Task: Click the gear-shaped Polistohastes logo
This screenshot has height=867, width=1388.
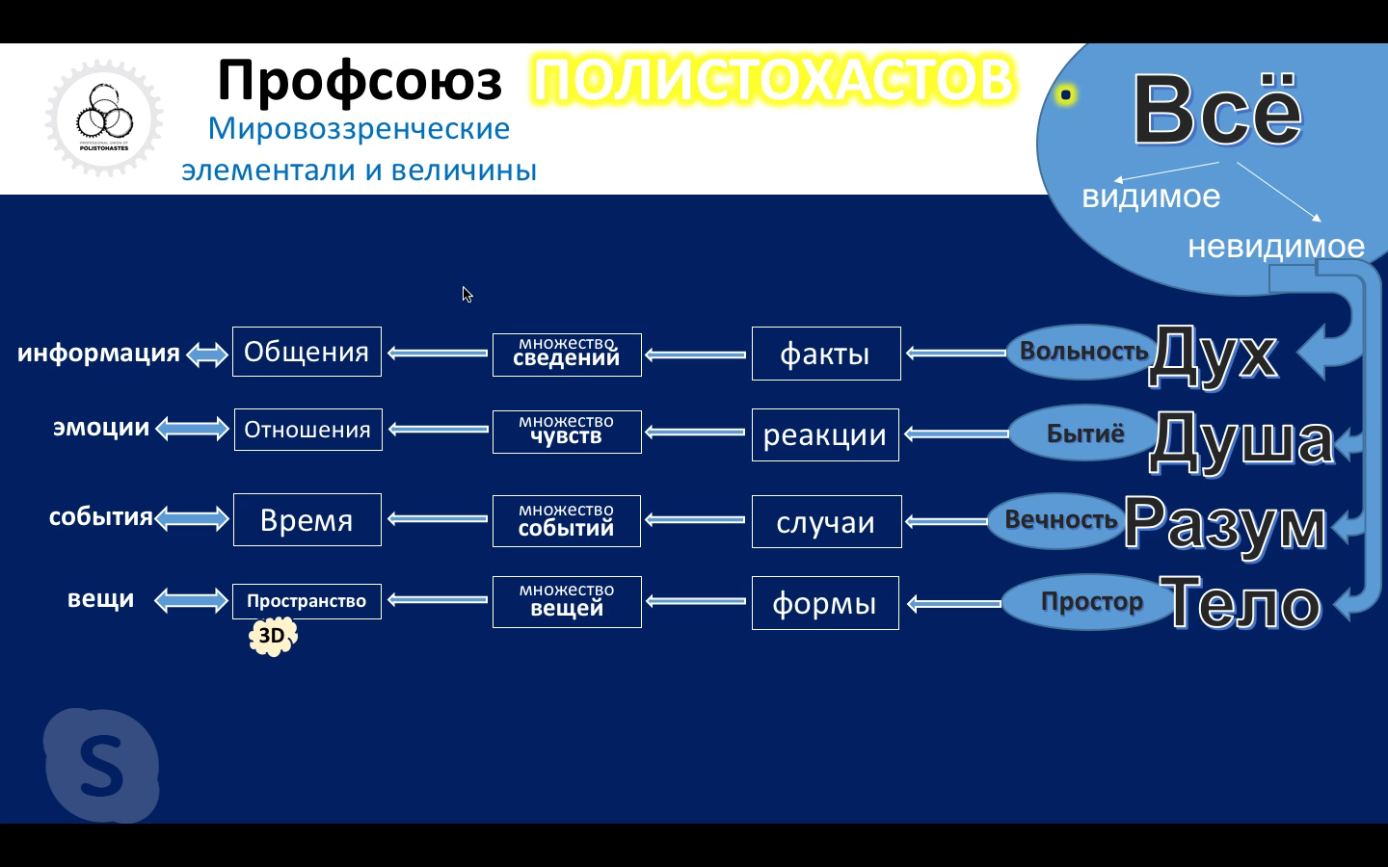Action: pyautogui.click(x=104, y=119)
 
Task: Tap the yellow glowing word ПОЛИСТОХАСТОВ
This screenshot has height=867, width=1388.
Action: pyautogui.click(x=773, y=80)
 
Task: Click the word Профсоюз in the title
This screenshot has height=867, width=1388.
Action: pyautogui.click(x=360, y=80)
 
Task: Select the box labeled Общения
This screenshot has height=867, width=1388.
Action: pyautogui.click(x=307, y=352)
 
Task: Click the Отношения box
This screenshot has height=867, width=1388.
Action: pyautogui.click(x=307, y=430)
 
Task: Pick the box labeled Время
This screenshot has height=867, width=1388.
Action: pyautogui.click(x=307, y=520)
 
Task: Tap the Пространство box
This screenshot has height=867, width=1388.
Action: pyautogui.click(x=307, y=601)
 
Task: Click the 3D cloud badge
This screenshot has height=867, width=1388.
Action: pyautogui.click(x=273, y=636)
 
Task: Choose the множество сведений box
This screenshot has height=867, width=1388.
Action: pyautogui.click(x=567, y=354)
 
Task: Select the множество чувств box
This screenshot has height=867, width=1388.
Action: pyautogui.click(x=567, y=431)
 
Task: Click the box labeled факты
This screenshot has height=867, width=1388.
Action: pyautogui.click(x=825, y=354)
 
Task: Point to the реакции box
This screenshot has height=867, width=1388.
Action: pyautogui.click(x=825, y=434)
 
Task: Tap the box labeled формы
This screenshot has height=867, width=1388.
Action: pyautogui.click(x=825, y=603)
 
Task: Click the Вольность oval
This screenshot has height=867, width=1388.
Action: pyautogui.click(x=1081, y=352)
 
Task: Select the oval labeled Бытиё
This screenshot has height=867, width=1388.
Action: pyautogui.click(x=1084, y=433)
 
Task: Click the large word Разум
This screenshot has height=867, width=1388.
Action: pyautogui.click(x=1225, y=524)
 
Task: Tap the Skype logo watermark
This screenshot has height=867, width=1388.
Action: pyautogui.click(x=101, y=766)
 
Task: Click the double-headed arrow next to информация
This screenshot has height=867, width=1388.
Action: pyautogui.click(x=206, y=355)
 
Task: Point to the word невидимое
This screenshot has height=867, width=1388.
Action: pyautogui.click(x=1275, y=247)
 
